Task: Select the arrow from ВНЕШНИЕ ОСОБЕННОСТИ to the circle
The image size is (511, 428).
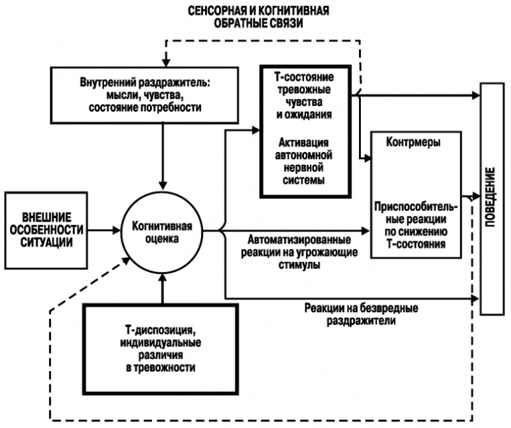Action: pos(103,229)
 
